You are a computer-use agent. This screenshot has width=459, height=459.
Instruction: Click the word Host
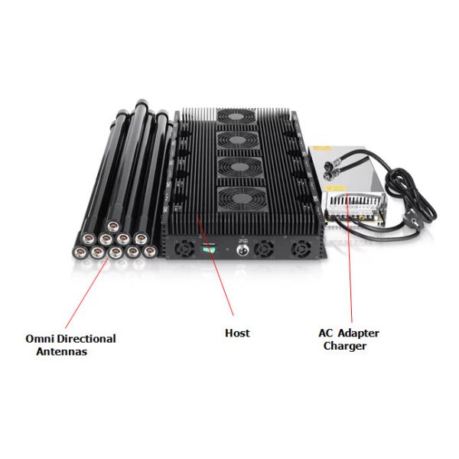click(237, 333)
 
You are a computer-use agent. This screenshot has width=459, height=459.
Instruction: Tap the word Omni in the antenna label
click(40, 338)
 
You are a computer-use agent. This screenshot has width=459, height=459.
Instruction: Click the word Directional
click(86, 338)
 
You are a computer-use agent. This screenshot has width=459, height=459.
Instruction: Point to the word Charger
click(346, 346)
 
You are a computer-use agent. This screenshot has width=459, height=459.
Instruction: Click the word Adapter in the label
click(358, 333)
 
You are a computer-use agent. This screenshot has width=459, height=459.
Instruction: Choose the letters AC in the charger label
click(326, 333)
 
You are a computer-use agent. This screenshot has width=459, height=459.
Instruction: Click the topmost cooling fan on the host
click(236, 116)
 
